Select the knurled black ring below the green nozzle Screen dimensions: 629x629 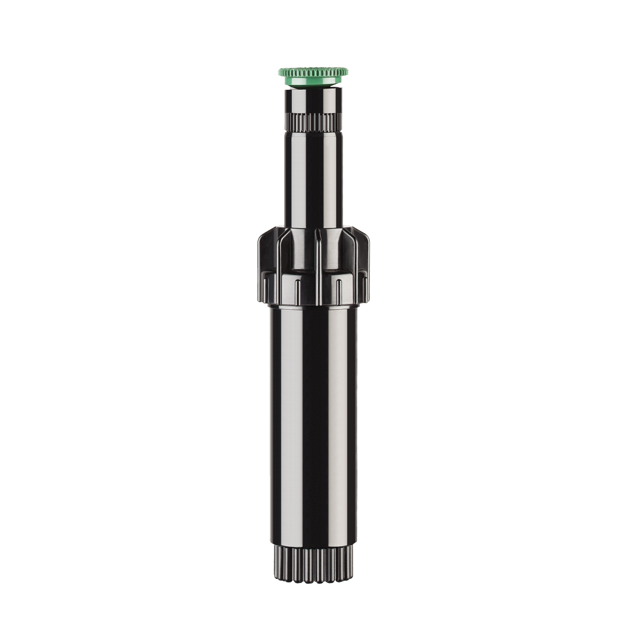point(313,122)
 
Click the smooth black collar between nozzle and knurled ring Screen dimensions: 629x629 point(313,100)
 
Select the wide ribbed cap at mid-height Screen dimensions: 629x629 point(313,265)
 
